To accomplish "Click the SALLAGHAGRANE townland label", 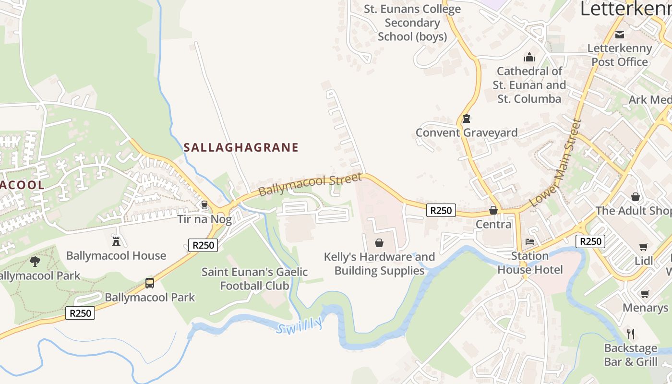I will tap(241, 147).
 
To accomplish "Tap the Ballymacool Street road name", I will tap(310, 185).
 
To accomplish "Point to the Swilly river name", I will tap(300, 326).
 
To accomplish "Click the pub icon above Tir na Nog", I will tap(204, 205).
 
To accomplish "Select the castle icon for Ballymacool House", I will tap(116, 241).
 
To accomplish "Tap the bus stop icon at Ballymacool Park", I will tap(150, 283).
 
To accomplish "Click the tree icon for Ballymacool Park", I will tap(35, 262).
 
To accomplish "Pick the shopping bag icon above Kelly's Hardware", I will tap(379, 243).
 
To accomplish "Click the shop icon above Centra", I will tap(493, 210).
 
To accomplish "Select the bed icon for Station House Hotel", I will tap(530, 241).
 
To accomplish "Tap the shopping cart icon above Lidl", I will tap(644, 247).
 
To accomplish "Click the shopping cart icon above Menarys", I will tap(645, 293).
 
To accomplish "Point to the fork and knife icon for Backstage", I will tap(631, 334).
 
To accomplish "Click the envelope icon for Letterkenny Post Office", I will tap(620, 34).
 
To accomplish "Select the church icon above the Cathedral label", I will tap(529, 57).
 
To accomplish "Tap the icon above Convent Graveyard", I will tap(466, 119).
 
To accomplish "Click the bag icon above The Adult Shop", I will tap(636, 197).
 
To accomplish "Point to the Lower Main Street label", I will tap(555, 163).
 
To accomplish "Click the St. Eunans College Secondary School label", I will tap(412, 23).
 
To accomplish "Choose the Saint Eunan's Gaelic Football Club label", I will tap(254, 279).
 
